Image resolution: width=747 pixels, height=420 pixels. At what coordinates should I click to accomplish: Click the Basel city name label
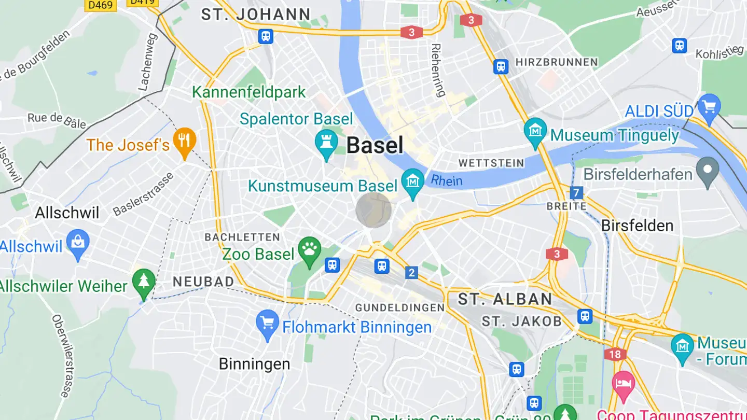pos(375,145)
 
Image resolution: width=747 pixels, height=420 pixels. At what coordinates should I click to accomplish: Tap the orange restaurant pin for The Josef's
pos(184,141)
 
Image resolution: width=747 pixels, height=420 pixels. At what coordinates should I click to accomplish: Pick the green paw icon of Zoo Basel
pos(310,251)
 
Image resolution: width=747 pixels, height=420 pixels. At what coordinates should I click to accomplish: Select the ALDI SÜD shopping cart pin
pos(709,107)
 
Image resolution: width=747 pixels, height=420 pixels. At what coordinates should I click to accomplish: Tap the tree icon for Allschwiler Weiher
pos(144,282)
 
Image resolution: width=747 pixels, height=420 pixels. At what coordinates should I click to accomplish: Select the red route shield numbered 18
pos(615,354)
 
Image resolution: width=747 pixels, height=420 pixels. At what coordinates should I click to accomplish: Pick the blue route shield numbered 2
pos(412,273)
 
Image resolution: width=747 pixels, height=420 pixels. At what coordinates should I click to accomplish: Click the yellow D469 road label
pos(101,5)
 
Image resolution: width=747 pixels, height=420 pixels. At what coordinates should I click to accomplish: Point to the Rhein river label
pos(446,180)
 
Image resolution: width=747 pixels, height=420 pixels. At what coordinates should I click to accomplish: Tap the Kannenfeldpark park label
pos(249,92)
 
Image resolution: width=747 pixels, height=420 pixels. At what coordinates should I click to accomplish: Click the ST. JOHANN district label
pos(256,14)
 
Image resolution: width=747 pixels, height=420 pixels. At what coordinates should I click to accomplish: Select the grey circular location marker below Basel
pos(374,210)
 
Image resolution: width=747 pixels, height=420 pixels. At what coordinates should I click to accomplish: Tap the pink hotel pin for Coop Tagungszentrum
pos(623,384)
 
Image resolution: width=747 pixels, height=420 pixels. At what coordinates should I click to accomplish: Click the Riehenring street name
pos(438,70)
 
